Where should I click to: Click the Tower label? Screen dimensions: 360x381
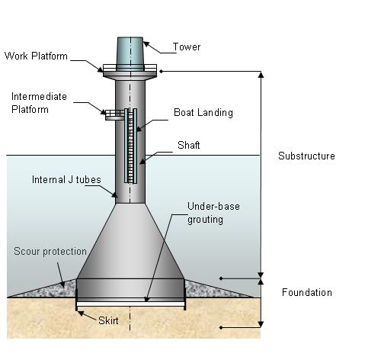point(187,47)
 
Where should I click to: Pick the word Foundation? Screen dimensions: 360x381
point(307,292)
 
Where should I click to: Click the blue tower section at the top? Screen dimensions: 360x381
point(131,53)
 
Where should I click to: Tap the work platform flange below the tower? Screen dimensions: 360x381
point(131,73)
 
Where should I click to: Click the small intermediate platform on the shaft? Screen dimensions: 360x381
point(114,114)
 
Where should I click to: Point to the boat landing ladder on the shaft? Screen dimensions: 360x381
point(131,145)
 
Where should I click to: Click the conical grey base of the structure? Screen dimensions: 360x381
point(131,244)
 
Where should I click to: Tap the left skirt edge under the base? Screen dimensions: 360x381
point(77,304)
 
